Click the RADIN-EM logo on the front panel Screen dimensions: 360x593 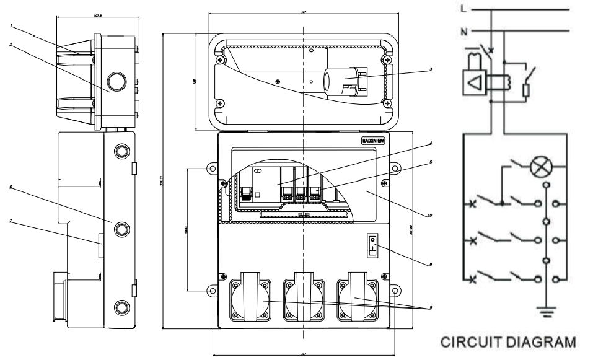point(373,141)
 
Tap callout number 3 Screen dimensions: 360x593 point(430,69)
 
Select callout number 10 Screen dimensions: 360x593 point(430,216)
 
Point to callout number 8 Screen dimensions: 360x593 point(430,265)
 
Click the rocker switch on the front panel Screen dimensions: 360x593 point(372,245)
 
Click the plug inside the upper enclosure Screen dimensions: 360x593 point(347,82)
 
